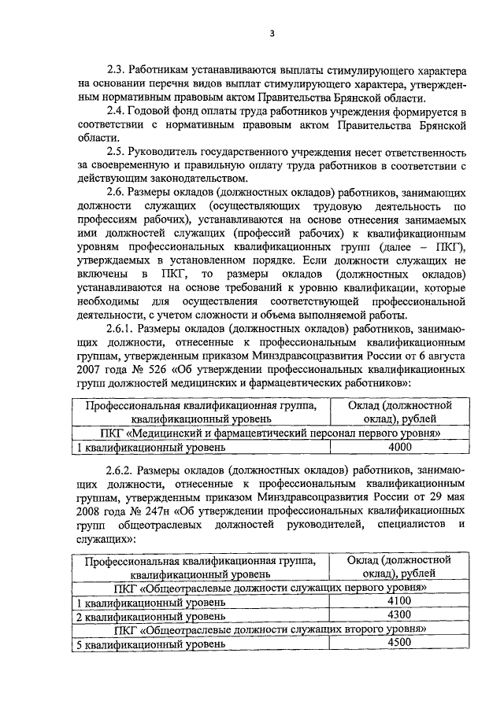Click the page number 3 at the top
272,32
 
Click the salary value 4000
400,447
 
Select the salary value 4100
400,601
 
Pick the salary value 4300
400,614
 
